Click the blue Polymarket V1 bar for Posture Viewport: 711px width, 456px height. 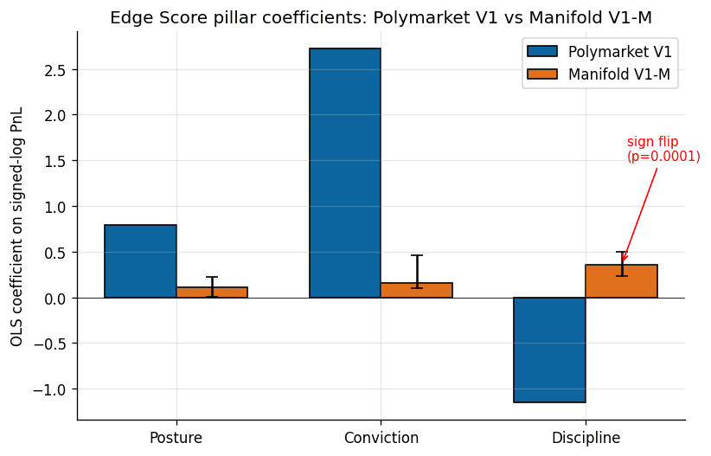(x=140, y=261)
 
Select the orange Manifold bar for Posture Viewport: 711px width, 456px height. (x=212, y=292)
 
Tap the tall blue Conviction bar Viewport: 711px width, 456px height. (x=345, y=173)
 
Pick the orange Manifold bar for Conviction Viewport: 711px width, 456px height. (x=416, y=291)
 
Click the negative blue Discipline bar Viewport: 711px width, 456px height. (x=549, y=350)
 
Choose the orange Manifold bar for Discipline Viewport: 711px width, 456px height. (x=621, y=281)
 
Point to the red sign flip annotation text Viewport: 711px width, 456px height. (x=663, y=149)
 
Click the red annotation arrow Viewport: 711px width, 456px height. (x=640, y=213)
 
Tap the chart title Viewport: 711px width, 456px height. (x=381, y=17)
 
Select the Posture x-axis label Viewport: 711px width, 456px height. (x=176, y=438)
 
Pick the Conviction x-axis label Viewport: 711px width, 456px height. (x=381, y=438)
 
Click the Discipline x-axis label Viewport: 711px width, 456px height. (x=586, y=438)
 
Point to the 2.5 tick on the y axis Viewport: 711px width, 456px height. (x=58, y=69)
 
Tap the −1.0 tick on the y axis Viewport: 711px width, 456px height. (x=54, y=389)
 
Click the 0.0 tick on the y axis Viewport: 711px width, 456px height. (x=58, y=298)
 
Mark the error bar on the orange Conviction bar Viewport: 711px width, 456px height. (x=416, y=271)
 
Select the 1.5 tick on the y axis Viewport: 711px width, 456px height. (x=58, y=161)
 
